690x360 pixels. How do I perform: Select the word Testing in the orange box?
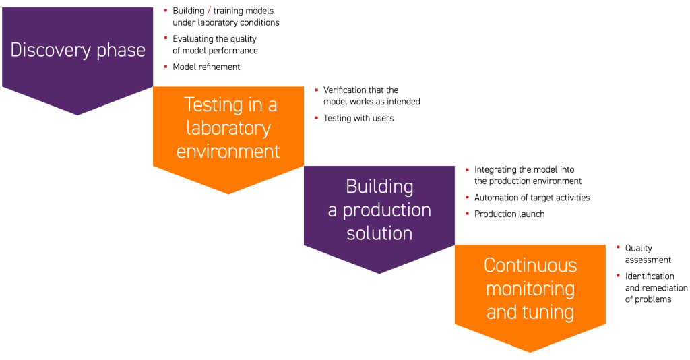click(214, 105)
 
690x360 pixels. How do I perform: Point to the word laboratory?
click(228, 128)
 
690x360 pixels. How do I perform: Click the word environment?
click(228, 152)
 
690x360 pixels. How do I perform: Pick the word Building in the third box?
click(379, 186)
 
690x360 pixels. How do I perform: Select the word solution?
click(379, 233)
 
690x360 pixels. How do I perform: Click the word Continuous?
click(530, 265)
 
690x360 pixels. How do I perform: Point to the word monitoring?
click(530, 289)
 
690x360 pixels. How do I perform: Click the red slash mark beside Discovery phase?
click(209, 11)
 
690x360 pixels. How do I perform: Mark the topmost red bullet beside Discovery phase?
click(165, 11)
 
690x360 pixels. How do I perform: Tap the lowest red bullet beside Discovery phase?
click(165, 67)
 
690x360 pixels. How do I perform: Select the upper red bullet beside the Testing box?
click(316, 90)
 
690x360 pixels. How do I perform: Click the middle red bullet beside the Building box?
click(467, 198)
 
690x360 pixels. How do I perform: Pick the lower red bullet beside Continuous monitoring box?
click(618, 275)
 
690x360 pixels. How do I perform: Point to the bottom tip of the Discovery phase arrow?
click(77, 115)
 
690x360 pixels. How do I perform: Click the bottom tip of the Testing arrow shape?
click(228, 193)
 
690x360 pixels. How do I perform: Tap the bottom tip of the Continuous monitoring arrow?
click(530, 351)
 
